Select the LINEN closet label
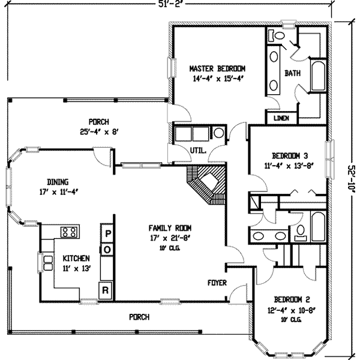[x=281, y=118]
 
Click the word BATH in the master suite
[x=292, y=73]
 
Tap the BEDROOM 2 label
[x=291, y=299]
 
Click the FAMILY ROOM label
[x=170, y=228]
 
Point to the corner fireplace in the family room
[x=207, y=183]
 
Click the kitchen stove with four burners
[x=69, y=232]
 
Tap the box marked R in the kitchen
[x=105, y=290]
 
